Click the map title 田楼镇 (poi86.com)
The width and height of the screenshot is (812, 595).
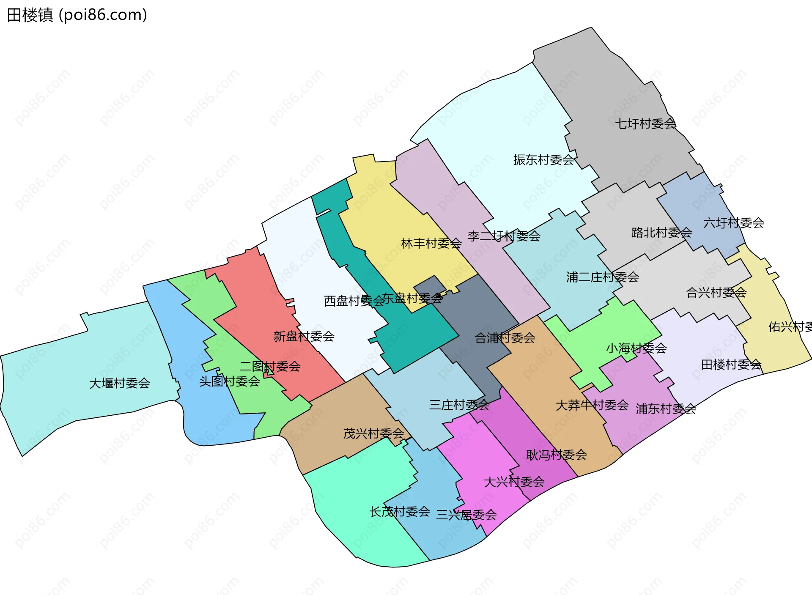click(77, 15)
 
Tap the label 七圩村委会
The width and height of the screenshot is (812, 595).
click(645, 124)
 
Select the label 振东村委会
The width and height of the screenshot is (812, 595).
click(543, 160)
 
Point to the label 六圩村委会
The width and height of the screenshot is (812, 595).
click(734, 223)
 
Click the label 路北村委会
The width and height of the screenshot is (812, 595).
click(661, 233)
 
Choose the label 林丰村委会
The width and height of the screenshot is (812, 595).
click(431, 244)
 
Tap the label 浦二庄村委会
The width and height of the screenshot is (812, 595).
click(602, 277)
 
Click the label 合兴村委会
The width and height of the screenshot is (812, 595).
click(716, 293)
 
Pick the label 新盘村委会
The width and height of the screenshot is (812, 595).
click(304, 337)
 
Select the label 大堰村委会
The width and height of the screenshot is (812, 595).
click(119, 384)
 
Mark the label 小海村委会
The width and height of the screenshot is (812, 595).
click(636, 348)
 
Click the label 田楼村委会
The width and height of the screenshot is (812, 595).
click(731, 365)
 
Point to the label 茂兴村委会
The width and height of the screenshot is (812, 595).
click(373, 434)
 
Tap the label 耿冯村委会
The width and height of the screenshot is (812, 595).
click(557, 455)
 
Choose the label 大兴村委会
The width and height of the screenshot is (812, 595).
click(514, 482)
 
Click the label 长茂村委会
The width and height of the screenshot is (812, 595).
click(400, 512)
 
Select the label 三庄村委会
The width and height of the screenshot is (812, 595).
click(459, 405)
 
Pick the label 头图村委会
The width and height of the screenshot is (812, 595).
click(229, 382)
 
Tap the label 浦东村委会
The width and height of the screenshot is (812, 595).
click(666, 409)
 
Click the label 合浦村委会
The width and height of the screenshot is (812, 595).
click(505, 338)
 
